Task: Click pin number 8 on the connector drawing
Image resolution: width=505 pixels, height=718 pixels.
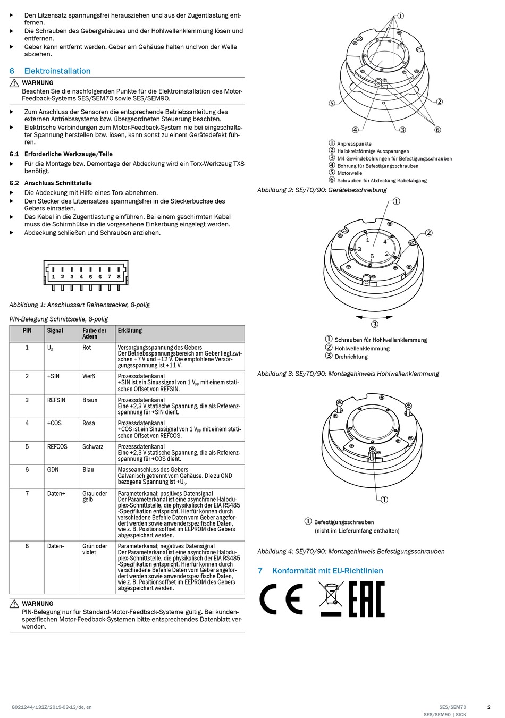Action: tap(119, 276)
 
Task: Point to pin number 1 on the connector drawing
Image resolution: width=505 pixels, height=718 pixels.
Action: tap(53, 276)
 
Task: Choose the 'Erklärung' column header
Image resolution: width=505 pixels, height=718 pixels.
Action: tap(130, 331)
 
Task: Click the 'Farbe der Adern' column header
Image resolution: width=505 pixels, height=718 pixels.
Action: tap(94, 333)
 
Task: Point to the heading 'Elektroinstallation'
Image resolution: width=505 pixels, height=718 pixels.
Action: tap(57, 71)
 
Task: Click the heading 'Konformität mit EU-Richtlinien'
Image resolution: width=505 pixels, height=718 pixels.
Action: tap(327, 571)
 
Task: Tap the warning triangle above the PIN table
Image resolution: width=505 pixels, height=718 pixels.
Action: tap(14, 83)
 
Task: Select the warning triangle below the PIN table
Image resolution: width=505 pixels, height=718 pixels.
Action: tap(14, 604)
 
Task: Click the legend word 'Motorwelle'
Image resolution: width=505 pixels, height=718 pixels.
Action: tap(349, 173)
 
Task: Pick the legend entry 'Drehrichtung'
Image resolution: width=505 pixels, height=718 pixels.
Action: tap(351, 357)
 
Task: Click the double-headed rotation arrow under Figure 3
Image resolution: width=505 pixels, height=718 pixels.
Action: tap(374, 317)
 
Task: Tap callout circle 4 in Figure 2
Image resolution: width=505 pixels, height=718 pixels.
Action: tap(355, 130)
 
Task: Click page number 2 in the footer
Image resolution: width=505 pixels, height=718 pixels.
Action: tap(489, 707)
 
